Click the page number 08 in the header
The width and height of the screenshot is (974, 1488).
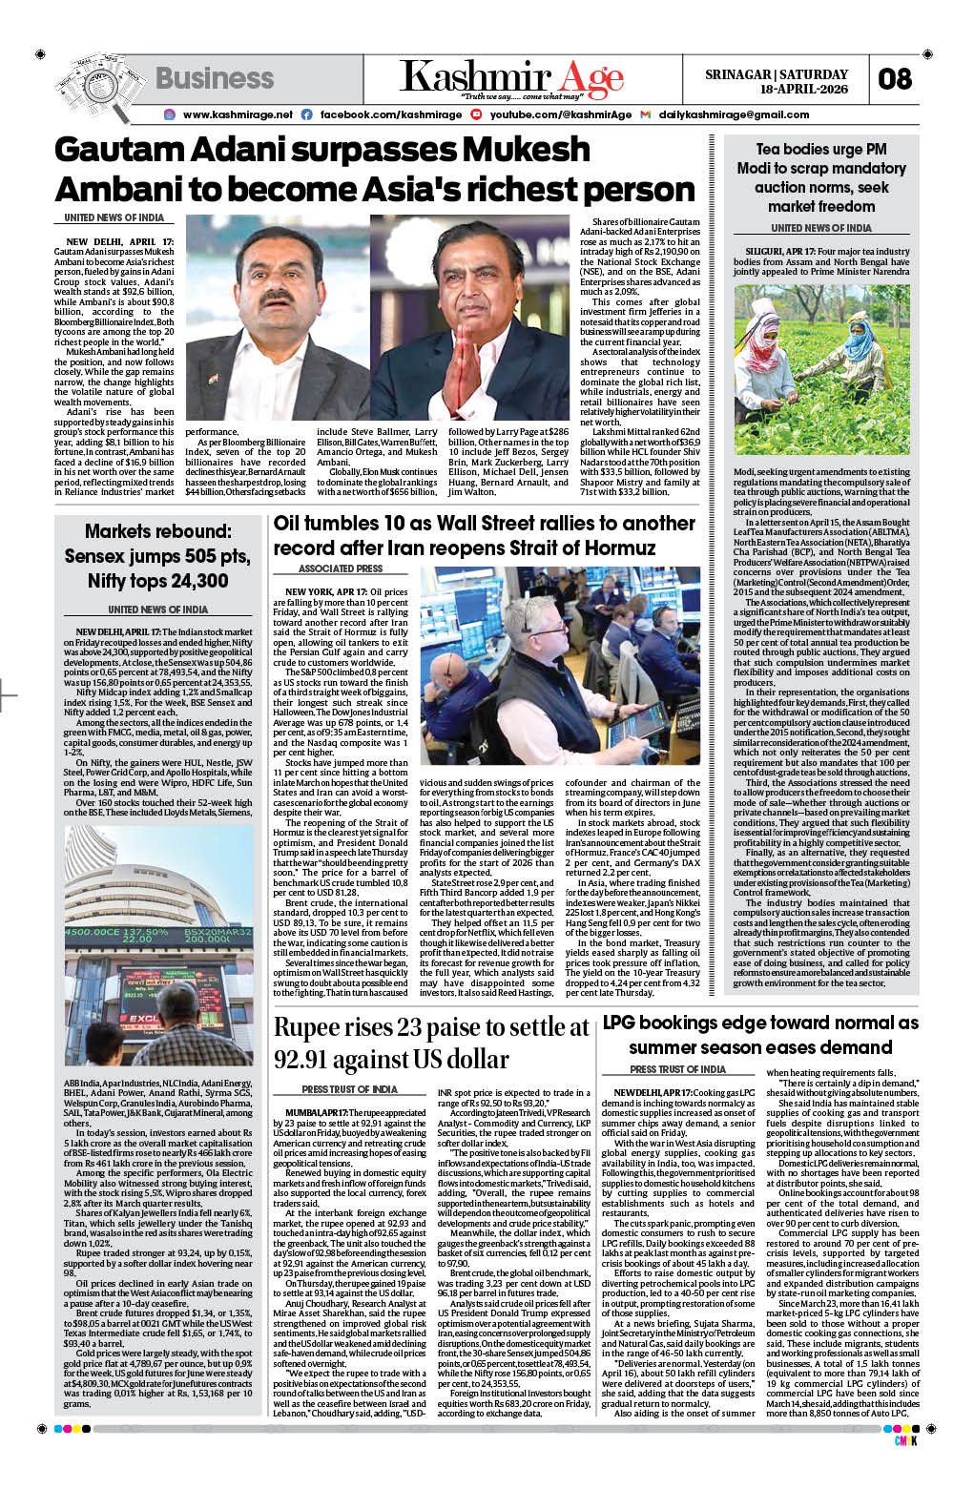894,79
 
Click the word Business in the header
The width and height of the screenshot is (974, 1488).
215,78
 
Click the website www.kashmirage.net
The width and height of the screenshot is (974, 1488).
238,114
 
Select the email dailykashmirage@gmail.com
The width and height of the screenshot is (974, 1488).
734,114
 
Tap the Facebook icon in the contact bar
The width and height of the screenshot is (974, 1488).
306,114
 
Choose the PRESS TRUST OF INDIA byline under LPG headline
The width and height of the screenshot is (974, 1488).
677,1069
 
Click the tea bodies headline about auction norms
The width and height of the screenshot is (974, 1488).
820,177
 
